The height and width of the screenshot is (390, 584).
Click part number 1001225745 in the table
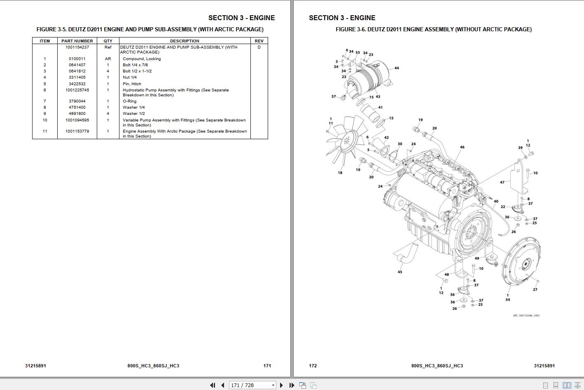[x=77, y=90]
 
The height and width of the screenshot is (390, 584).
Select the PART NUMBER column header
[x=77, y=41]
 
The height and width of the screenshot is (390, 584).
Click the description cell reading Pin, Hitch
[x=132, y=84]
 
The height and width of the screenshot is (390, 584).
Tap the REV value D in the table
[x=259, y=47]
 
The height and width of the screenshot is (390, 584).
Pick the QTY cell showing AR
[x=108, y=59]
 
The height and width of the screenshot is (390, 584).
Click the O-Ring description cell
[x=129, y=101]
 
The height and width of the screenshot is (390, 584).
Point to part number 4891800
[x=77, y=114]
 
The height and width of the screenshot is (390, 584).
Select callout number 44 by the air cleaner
[x=397, y=68]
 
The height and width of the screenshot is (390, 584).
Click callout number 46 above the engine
[x=462, y=147]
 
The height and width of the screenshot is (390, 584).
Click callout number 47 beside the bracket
[x=502, y=182]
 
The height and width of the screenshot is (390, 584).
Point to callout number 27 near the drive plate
[x=535, y=290]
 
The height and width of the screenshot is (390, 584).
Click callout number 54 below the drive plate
[x=507, y=300]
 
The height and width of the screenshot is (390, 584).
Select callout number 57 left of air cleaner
[x=334, y=97]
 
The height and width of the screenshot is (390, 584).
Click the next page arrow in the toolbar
[x=281, y=385]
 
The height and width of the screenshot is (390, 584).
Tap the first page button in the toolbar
[x=213, y=385]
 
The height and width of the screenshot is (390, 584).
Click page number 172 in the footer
[x=313, y=366]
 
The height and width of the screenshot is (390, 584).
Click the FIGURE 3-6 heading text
[x=433, y=29]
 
